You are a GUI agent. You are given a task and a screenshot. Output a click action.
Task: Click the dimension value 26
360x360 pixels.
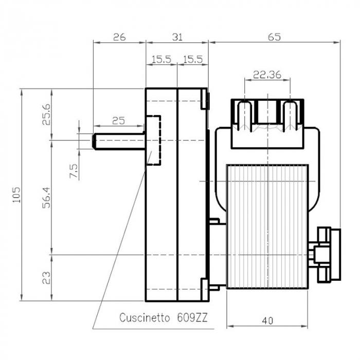pos(119,37)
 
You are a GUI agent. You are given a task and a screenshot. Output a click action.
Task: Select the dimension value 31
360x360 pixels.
pos(177,37)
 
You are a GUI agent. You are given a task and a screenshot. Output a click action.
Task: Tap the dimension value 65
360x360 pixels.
pos(274,37)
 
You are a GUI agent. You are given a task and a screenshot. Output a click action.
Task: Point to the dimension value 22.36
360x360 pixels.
pos(267,75)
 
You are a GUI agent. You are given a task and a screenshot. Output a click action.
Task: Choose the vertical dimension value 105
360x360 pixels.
pos(15,195)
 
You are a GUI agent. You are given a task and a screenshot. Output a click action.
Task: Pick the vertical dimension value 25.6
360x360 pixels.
pos(46,114)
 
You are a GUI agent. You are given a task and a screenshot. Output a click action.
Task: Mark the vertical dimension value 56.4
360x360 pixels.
pos(46,197)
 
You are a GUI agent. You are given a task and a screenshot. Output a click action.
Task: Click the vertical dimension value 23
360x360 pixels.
pos(46,278)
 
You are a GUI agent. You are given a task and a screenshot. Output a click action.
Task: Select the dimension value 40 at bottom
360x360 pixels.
pos(267,320)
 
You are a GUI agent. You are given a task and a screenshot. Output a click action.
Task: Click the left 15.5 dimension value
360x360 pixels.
pos(161,60)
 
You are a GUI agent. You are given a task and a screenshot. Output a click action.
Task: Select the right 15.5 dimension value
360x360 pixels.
pos(192,60)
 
